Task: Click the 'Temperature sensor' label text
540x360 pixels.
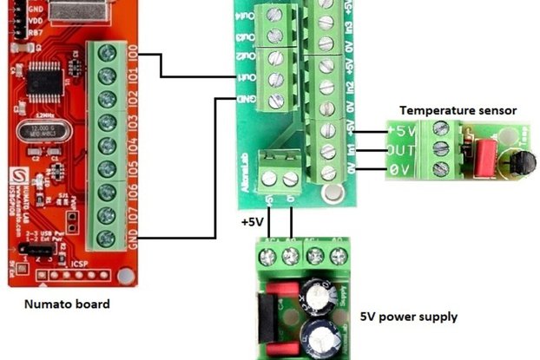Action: pyautogui.click(x=458, y=110)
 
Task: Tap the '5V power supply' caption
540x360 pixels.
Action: pyautogui.click(x=408, y=316)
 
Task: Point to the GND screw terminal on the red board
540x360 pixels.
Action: pyautogui.click(x=109, y=237)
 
